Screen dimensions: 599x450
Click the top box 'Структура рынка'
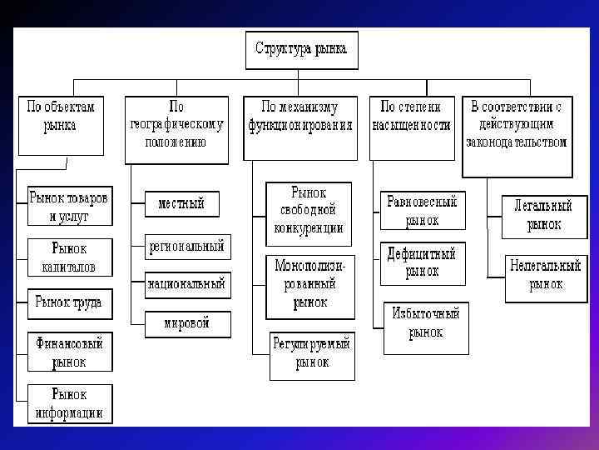pos(301,50)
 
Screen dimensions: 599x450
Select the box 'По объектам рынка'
pos(62,125)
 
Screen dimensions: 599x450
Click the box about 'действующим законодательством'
pos(517,136)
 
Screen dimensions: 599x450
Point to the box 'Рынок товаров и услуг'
pos(69,207)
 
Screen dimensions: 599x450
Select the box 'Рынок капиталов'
pos(69,257)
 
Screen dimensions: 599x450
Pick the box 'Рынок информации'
pos(69,403)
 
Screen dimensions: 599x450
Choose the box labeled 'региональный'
pos(186,247)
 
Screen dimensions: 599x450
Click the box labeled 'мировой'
pos(186,323)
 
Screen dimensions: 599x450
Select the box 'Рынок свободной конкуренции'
pos(309,210)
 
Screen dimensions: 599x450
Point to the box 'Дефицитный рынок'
pos(422,262)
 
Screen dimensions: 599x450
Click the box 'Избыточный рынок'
pos(425,322)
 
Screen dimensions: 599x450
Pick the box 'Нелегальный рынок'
pos(545,276)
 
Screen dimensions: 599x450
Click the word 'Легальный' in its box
pos(542,205)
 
